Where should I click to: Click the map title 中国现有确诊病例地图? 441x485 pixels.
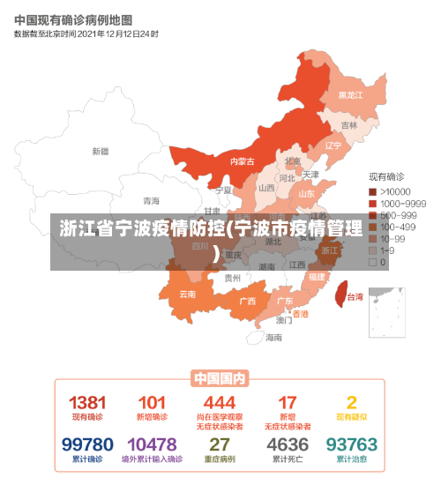(x=73, y=19)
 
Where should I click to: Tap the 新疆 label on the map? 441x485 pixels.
(x=100, y=151)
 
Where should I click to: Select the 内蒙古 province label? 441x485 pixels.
(x=242, y=161)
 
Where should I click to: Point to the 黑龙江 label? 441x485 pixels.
(x=351, y=94)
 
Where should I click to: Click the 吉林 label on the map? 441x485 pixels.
(x=349, y=125)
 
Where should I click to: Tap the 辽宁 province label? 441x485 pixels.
(x=333, y=145)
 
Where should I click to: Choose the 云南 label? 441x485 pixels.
(x=188, y=294)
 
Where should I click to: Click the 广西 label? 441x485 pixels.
(x=247, y=301)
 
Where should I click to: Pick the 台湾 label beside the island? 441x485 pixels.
(x=355, y=297)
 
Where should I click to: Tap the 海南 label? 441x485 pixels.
(x=274, y=337)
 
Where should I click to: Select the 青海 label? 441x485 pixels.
(x=152, y=201)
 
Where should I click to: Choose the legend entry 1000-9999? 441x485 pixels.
(x=397, y=203)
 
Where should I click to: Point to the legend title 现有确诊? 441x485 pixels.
(x=385, y=177)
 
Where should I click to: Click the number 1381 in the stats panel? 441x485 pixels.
(x=87, y=402)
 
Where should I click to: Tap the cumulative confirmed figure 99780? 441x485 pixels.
(x=87, y=444)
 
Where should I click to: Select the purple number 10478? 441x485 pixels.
(x=152, y=444)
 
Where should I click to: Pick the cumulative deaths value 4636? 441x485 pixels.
(x=288, y=444)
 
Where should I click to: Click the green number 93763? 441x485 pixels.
(x=351, y=444)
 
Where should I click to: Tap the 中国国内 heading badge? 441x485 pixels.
(x=220, y=378)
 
